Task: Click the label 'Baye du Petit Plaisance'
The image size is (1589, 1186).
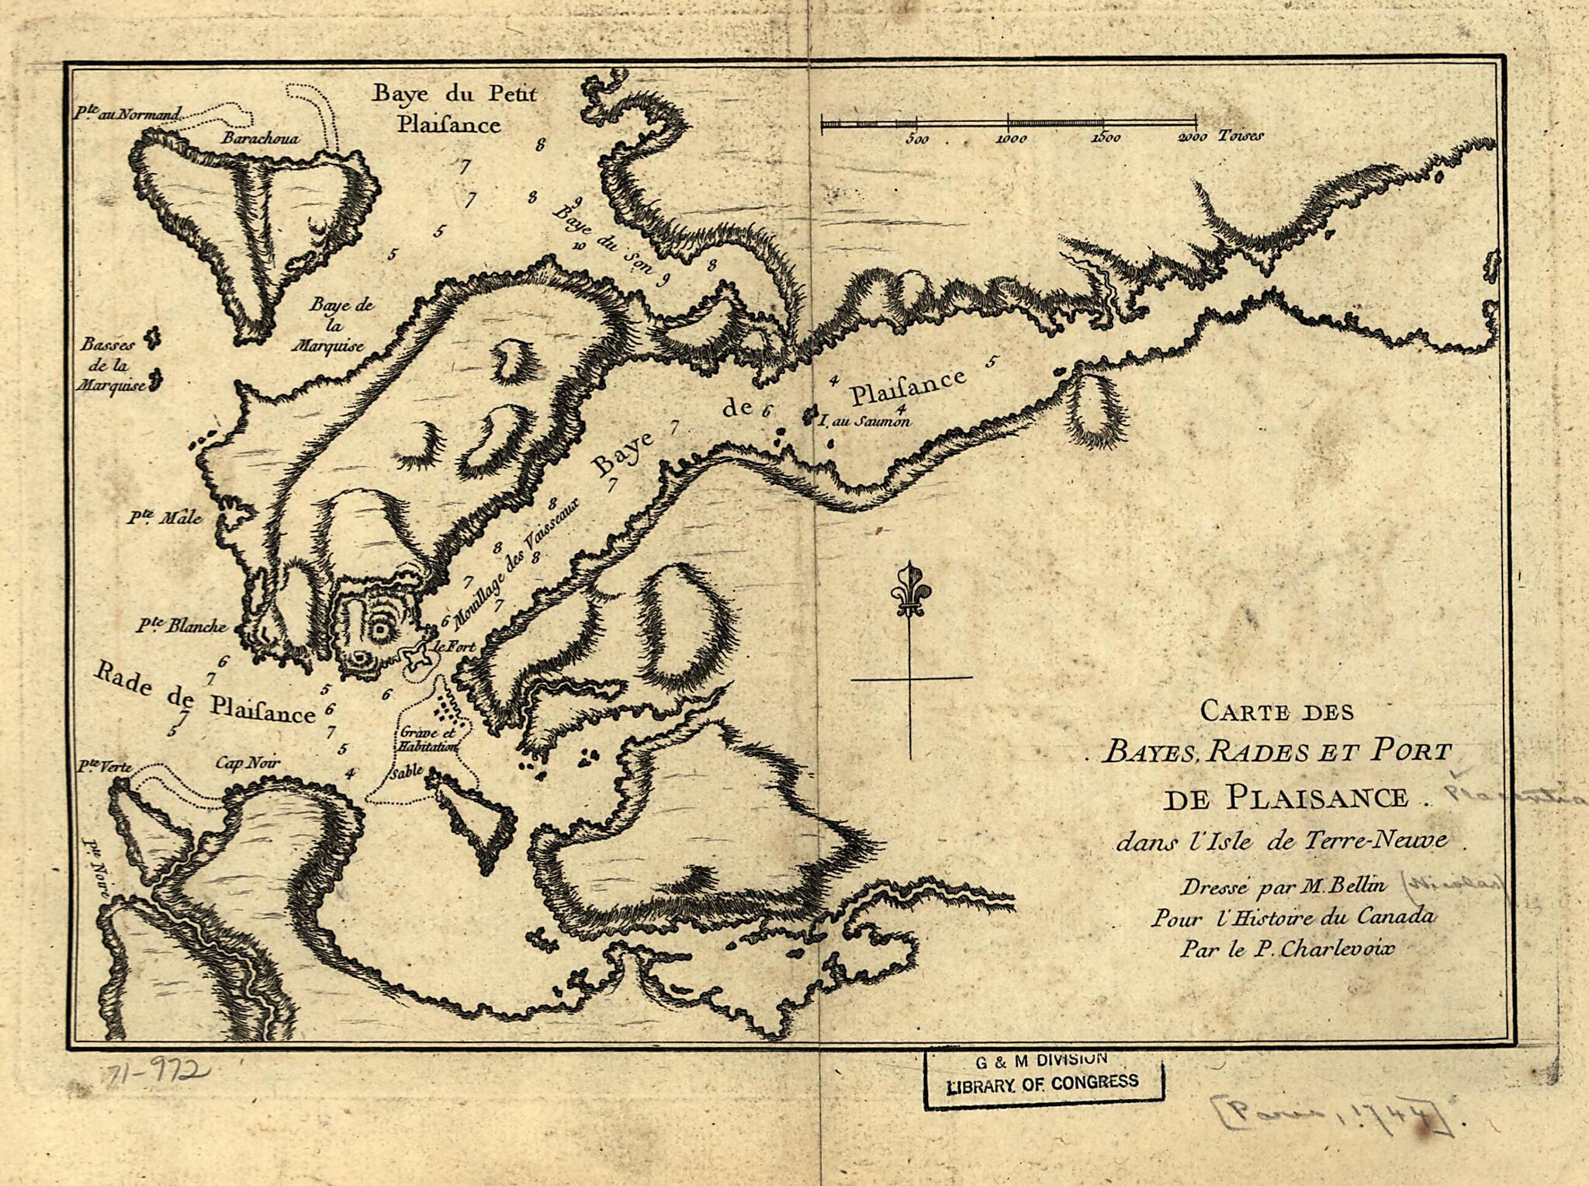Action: [454, 109]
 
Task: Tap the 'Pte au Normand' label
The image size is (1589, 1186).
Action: [127, 114]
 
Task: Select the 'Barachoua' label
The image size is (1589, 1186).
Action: [260, 138]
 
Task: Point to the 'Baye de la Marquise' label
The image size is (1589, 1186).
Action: [338, 325]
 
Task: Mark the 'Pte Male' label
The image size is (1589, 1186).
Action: [164, 518]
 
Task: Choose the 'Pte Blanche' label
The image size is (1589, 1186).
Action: [181, 626]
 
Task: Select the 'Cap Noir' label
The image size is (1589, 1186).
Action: [248, 764]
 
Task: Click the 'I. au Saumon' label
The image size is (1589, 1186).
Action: [864, 421]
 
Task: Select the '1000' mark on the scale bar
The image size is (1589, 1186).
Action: [1011, 139]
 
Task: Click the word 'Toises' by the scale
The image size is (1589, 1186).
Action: [1241, 136]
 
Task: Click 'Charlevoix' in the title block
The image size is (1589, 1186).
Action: [1325, 948]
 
